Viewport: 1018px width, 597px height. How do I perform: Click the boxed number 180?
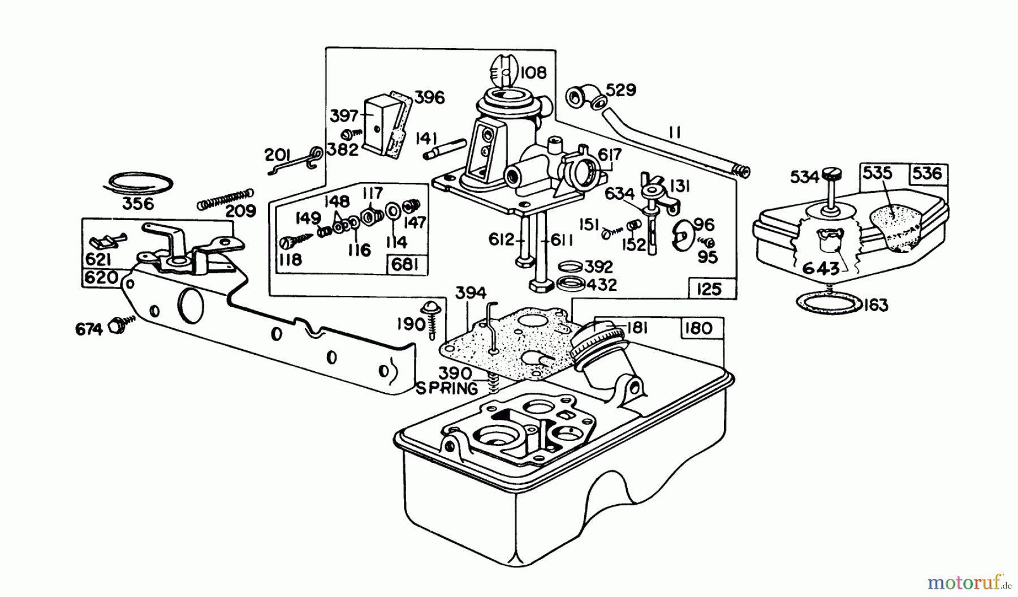(698, 329)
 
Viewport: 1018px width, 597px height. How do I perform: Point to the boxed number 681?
(406, 265)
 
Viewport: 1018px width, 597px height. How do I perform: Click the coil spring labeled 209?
(224, 198)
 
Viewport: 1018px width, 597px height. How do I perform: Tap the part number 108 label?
(533, 72)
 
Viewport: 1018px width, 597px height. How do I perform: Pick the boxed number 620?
(101, 278)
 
